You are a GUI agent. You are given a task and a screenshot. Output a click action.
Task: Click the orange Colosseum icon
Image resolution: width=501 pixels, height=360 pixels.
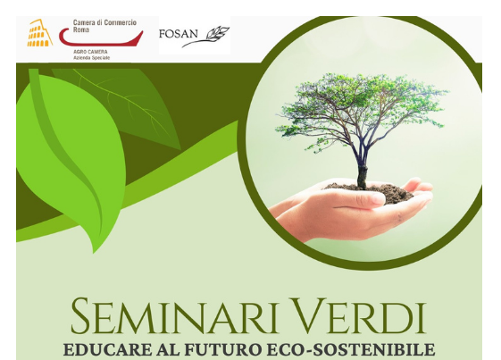(39, 33)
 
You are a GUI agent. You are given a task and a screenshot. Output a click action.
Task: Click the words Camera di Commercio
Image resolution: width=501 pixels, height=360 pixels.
(104, 22)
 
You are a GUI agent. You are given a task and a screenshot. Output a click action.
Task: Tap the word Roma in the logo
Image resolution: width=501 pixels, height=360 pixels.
(81, 29)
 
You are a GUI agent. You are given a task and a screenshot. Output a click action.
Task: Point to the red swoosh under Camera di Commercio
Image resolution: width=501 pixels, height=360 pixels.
(101, 38)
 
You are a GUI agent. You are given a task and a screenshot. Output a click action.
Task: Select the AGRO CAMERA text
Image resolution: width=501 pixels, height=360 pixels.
(90, 52)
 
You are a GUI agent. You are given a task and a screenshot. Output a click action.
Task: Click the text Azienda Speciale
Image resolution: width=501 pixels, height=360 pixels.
(92, 58)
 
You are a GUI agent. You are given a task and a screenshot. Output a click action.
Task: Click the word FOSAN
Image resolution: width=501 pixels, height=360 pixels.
(179, 34)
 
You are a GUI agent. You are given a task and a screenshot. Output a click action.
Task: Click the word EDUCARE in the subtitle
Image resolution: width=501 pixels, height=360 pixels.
(108, 349)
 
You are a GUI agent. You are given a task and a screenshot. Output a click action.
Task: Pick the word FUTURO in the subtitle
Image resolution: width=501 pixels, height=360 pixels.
(223, 349)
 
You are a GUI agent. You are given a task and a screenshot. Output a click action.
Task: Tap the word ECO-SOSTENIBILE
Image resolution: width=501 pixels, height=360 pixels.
(350, 349)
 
